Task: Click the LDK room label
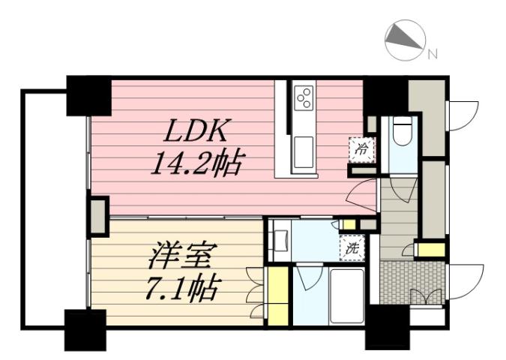(196, 132)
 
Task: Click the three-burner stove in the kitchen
(304, 97)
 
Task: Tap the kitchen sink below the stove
(304, 150)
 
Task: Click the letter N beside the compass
(433, 53)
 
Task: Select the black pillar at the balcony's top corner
(88, 95)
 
